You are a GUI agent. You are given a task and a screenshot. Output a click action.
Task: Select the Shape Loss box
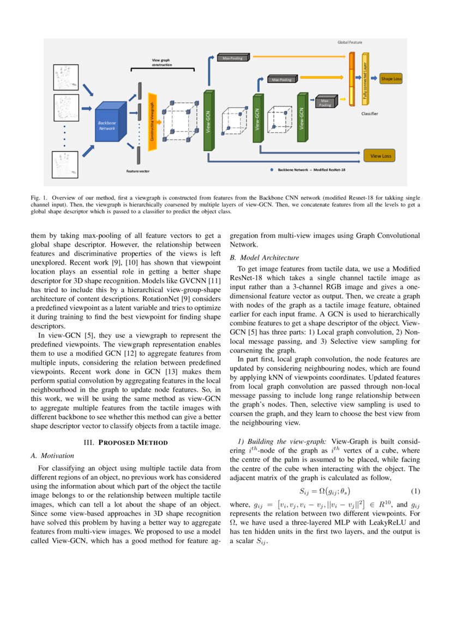click(391, 79)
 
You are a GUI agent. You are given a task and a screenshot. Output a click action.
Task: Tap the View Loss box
click(381, 156)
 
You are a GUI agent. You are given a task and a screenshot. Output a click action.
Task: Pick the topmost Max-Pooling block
click(233, 58)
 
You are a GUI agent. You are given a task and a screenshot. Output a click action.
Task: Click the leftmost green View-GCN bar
click(208, 121)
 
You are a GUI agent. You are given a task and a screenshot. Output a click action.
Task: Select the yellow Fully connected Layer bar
click(365, 80)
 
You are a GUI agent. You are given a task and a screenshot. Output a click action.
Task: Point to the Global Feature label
click(350, 42)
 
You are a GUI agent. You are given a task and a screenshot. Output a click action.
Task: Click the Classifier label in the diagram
click(369, 114)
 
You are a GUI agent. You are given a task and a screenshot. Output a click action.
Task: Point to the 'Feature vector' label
click(138, 171)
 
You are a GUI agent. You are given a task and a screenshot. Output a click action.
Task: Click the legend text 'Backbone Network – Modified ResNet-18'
click(311, 170)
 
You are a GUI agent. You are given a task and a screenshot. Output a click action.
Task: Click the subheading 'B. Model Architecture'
click(264, 258)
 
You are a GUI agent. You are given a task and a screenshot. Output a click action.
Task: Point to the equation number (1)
click(415, 491)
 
